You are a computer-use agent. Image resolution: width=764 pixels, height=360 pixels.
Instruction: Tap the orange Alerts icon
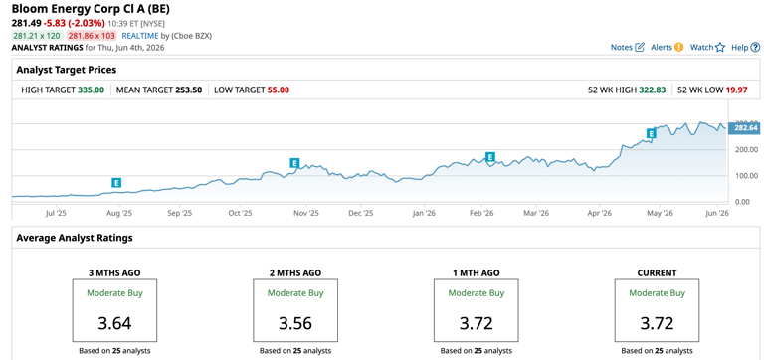pyautogui.click(x=679, y=48)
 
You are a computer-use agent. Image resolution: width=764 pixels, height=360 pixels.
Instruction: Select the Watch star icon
pyautogui.click(x=720, y=48)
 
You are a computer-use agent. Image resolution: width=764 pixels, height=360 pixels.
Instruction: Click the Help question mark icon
pyautogui.click(x=755, y=48)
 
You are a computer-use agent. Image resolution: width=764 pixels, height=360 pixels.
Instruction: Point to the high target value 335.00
pyautogui.click(x=92, y=90)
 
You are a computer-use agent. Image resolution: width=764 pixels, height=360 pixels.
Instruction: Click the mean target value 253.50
pyautogui.click(x=189, y=90)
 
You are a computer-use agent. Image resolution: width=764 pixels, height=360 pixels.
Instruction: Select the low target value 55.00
pyautogui.click(x=279, y=90)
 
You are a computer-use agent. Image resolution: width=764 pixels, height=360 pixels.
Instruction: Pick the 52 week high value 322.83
pyautogui.click(x=652, y=90)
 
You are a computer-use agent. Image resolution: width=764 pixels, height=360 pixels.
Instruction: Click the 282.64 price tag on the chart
pyautogui.click(x=743, y=127)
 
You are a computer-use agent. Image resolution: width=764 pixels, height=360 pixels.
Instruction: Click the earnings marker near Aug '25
pyautogui.click(x=116, y=183)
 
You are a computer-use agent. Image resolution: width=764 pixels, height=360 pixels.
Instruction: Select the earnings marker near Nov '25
pyautogui.click(x=294, y=163)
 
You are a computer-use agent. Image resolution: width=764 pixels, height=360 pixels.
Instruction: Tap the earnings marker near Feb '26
pyautogui.click(x=490, y=157)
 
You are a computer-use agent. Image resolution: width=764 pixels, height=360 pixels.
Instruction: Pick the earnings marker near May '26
pyautogui.click(x=651, y=133)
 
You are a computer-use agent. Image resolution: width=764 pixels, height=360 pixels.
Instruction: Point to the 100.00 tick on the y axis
pyautogui.click(x=746, y=175)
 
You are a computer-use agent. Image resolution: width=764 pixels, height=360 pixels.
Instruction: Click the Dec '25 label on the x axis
pyautogui.click(x=362, y=213)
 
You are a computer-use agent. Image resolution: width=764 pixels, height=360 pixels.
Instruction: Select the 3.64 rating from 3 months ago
pyautogui.click(x=115, y=323)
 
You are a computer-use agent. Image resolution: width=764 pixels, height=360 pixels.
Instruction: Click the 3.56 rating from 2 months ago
pyautogui.click(x=295, y=323)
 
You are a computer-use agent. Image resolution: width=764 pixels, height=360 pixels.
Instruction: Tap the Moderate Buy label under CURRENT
pyautogui.click(x=657, y=293)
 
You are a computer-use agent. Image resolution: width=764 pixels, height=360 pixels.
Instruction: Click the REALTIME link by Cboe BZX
pyautogui.click(x=140, y=36)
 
